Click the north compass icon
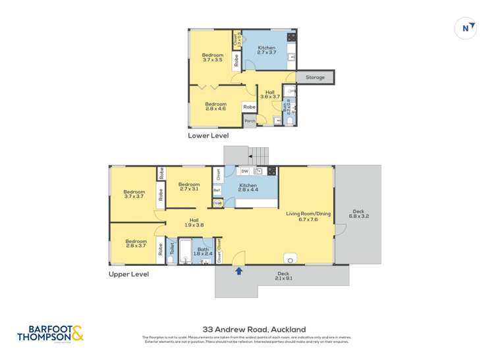[466, 27]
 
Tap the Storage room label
[315, 78]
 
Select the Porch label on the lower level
[250, 121]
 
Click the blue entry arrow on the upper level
[239, 269]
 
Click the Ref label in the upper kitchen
[216, 190]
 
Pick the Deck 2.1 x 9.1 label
[283, 276]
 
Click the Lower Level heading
[208, 136]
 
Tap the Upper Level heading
[128, 274]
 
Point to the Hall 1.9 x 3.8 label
[194, 222]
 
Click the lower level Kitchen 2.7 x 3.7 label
[266, 52]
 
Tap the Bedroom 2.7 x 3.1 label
[189, 187]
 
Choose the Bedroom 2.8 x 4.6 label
[215, 107]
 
